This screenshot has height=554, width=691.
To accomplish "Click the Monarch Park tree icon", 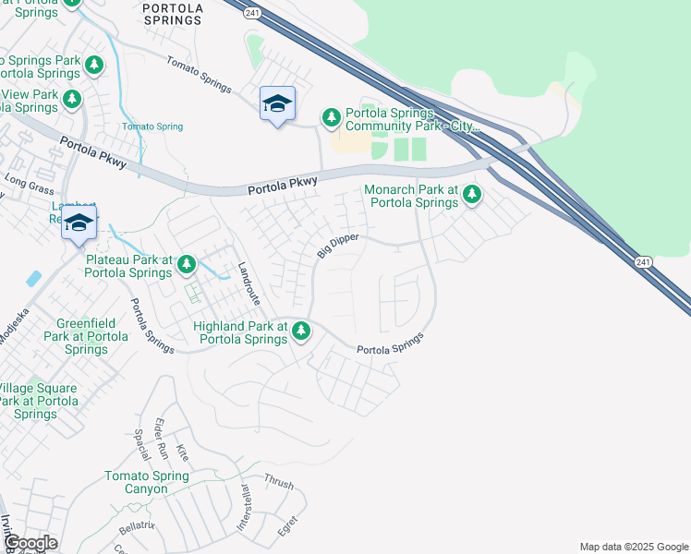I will coord(472,194).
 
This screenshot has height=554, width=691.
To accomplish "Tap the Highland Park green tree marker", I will coord(300,331).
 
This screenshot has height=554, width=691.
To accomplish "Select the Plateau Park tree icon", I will coord(187,266).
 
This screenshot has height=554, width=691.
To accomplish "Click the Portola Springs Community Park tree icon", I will coord(332,117).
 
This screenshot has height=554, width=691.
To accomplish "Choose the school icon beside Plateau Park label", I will coord(79,223).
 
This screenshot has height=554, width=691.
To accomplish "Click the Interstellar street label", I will coord(245,507).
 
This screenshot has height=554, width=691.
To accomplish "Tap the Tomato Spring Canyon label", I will coord(147,482).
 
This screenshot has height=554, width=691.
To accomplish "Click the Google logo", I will coord(30,543).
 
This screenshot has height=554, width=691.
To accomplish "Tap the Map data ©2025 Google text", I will coord(633,547).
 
